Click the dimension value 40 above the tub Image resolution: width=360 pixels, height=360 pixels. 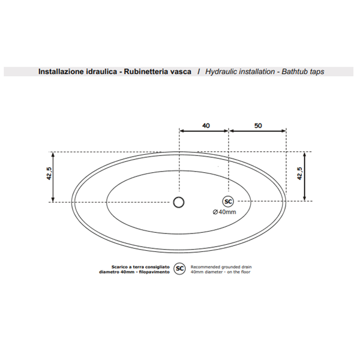tap(206, 125)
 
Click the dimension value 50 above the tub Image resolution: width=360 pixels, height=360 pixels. tap(258, 125)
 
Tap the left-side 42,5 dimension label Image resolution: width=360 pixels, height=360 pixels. tap(49, 173)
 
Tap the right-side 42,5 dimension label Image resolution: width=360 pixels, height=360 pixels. tap(299, 173)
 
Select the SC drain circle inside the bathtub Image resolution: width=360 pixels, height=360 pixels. tap(228, 202)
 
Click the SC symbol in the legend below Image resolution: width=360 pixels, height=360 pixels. tap(179, 269)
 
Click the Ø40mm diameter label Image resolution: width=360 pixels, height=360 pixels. tap(224, 212)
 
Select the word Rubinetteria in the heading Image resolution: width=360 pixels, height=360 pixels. tap(146, 71)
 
